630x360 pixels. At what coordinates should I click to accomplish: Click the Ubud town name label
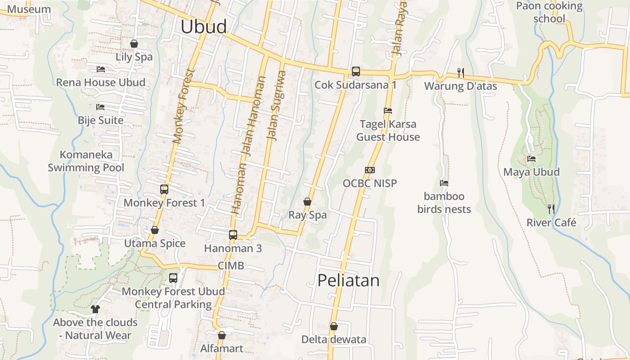(203, 27)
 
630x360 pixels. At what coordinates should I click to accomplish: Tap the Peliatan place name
(348, 280)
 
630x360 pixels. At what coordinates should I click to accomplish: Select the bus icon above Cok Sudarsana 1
(355, 71)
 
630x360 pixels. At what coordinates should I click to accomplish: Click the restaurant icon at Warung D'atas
(460, 72)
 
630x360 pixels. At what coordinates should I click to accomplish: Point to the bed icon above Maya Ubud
(531, 159)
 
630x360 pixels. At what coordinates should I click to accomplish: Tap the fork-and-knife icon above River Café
(551, 209)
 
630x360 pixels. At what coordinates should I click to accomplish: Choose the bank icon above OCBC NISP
(370, 170)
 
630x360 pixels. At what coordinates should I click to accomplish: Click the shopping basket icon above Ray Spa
(307, 202)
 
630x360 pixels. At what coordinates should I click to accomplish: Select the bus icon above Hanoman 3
(233, 234)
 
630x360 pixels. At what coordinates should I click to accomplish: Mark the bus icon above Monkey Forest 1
(164, 189)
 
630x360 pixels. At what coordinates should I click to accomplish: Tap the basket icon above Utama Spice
(155, 230)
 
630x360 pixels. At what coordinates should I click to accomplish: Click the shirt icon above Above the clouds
(95, 309)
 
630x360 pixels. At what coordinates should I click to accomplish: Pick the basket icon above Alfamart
(221, 335)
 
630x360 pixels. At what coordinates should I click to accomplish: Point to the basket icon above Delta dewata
(334, 326)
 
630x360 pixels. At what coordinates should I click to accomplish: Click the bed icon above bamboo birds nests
(444, 183)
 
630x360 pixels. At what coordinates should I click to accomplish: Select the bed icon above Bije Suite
(100, 107)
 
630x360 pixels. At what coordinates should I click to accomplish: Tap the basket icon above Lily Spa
(134, 44)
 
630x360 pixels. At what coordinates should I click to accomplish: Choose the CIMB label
(231, 265)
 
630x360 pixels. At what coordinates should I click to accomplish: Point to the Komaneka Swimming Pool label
(86, 161)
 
